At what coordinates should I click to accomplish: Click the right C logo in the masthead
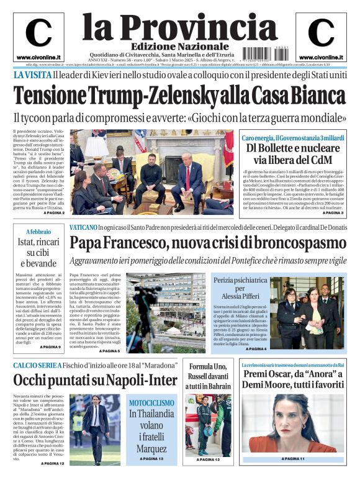[x=321, y=33]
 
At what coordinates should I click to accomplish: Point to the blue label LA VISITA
[x=31, y=75]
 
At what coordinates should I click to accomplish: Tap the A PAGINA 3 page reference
[x=333, y=213]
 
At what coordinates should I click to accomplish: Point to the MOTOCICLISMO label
[x=152, y=402]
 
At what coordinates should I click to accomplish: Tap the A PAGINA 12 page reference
[x=52, y=463]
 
